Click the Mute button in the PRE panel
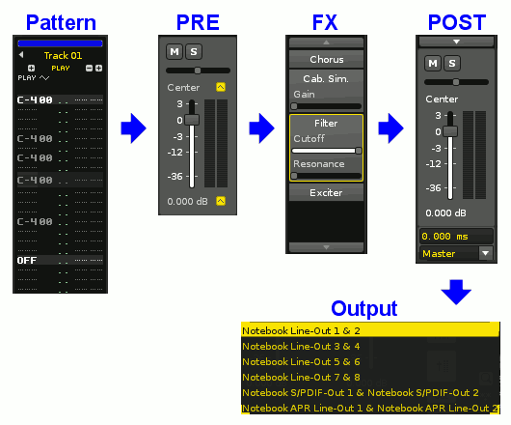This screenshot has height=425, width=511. tap(175, 51)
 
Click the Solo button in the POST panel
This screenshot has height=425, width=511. tap(451, 63)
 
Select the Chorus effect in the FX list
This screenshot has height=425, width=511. tap(326, 60)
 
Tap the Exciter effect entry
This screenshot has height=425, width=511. tap(326, 192)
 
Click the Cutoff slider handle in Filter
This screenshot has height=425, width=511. tap(359, 151)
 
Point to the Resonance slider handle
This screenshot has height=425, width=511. tap(294, 176)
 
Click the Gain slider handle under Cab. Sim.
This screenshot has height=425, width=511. tap(294, 106)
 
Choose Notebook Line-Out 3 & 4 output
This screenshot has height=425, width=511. tap(301, 346)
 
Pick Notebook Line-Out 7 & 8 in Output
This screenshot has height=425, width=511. tap(301, 377)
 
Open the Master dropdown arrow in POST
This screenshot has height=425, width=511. tap(486, 253)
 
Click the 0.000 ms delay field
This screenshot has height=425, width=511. tap(456, 236)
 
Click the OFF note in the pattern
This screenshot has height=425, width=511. tap(27, 260)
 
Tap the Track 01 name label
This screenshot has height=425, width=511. tap(63, 55)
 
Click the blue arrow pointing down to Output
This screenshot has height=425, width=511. tap(456, 292)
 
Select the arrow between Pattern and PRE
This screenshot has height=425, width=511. tap(134, 128)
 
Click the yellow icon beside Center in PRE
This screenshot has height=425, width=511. tap(221, 87)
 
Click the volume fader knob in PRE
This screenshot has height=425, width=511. tap(192, 120)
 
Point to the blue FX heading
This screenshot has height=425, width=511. tap(325, 22)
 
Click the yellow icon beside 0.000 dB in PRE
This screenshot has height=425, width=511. tap(221, 201)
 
